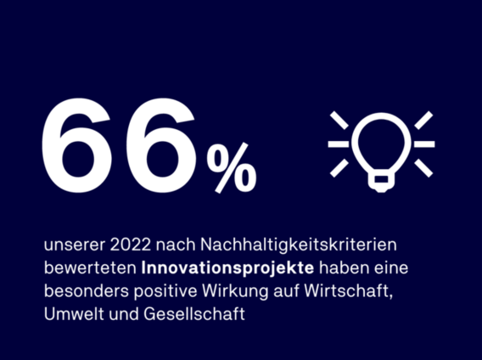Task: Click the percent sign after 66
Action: click(232, 168)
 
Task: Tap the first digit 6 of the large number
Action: click(77, 145)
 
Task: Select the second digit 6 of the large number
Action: click(162, 145)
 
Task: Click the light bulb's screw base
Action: click(381, 183)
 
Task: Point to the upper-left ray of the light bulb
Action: click(339, 121)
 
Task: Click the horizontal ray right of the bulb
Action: click(424, 144)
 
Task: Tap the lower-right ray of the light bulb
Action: click(423, 168)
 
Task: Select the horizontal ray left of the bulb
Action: click(339, 144)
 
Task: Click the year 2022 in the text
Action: click(131, 245)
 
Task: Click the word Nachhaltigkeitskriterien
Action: click(299, 245)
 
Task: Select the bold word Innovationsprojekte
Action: click(227, 268)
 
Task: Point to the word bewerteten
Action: click(90, 268)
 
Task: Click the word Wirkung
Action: click(235, 291)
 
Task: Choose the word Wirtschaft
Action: click(349, 290)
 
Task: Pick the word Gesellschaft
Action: click(194, 314)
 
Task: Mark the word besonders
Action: click(87, 291)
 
